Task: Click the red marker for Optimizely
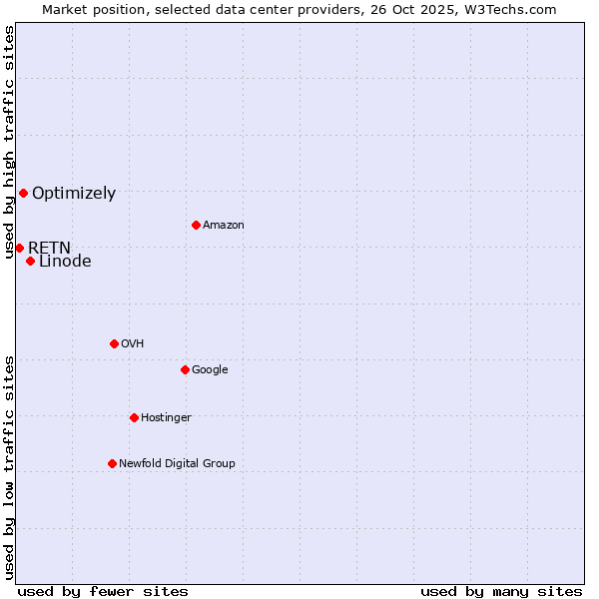tap(23, 193)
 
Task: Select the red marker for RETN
tap(19, 248)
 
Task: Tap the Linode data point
tap(30, 262)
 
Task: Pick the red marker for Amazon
tap(196, 225)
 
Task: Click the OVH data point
tap(114, 343)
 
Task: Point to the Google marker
tap(185, 369)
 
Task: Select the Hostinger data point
tap(134, 417)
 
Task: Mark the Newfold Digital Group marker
tap(112, 463)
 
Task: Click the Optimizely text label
tap(74, 194)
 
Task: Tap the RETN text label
tap(49, 248)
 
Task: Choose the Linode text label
tap(65, 262)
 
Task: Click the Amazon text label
tap(224, 226)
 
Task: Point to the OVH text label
tap(133, 344)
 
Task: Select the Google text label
tap(210, 370)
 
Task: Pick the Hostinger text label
tap(166, 418)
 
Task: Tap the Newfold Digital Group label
tap(177, 464)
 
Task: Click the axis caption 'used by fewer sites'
tap(103, 591)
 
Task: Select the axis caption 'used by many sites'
tap(501, 591)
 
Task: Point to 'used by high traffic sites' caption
tap(10, 143)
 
